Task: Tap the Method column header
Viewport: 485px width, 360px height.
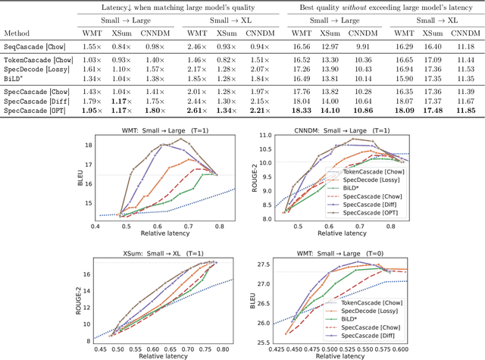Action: point(17,34)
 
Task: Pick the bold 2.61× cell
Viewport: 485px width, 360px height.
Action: point(199,110)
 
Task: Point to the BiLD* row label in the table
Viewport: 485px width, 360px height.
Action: point(16,78)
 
